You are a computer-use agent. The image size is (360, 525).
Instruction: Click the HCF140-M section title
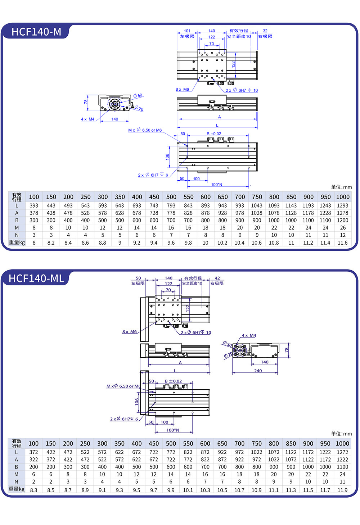36,32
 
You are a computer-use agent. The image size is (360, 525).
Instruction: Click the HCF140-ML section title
36,279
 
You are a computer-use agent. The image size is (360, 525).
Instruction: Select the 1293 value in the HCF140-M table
342,205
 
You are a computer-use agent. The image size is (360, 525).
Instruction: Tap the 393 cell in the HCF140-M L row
34,205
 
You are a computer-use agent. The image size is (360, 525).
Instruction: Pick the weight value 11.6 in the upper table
342,243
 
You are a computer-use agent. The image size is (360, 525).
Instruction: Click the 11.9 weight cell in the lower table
342,490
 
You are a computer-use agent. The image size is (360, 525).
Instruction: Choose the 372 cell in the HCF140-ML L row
33,452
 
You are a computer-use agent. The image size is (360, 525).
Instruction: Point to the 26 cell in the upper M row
343,228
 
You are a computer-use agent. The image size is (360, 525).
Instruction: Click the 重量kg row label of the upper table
17,243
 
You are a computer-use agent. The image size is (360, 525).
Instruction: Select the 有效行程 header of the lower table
17,443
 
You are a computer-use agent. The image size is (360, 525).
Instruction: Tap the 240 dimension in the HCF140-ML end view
258,371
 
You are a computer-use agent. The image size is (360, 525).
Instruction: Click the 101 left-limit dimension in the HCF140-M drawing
187,31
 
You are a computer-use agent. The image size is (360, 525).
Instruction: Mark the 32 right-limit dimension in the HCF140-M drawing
265,31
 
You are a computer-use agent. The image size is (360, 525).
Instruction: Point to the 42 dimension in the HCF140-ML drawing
217,278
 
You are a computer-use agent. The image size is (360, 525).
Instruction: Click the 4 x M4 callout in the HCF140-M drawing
87,119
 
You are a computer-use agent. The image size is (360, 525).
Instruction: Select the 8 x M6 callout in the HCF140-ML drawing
129,332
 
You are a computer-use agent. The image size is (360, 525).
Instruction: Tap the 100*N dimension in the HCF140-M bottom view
217,185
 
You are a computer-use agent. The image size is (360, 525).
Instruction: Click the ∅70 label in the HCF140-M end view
140,109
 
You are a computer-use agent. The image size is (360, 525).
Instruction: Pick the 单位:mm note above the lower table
341,434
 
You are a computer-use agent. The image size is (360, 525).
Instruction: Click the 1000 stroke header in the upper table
343,197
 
